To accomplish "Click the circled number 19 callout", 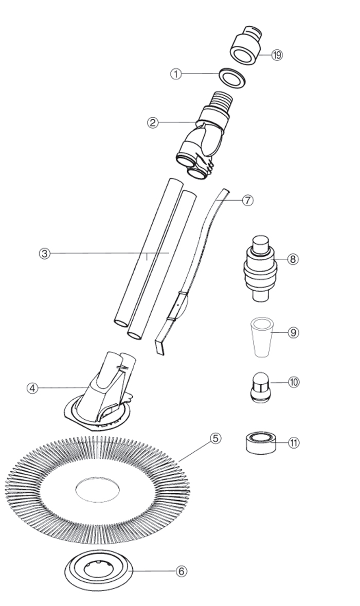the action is pos(277,55).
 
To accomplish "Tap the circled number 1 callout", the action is pos(176,74).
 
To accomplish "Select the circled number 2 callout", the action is pos(153,123).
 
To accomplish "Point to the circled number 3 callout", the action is pos(45,254).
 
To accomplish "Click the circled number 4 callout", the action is pos(32,388).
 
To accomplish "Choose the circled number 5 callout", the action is pos(216,438).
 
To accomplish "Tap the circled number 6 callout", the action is pos(182,571).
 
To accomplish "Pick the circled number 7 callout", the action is pos(247,200).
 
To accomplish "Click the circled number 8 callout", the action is pos(293,259).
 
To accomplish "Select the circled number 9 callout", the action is pos(293,332).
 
